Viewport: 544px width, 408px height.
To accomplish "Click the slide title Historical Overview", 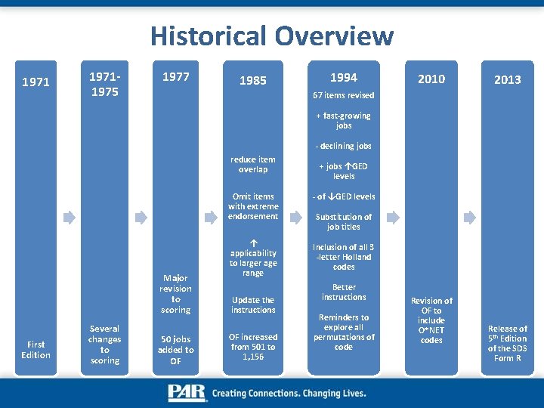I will tap(272, 36).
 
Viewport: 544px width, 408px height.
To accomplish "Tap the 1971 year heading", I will tap(36, 82).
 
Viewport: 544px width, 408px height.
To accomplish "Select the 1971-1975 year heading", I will tap(104, 84).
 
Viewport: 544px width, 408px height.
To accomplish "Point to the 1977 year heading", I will tap(175, 76).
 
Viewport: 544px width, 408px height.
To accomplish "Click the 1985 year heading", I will tap(252, 80).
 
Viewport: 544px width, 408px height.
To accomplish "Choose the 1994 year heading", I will tap(343, 77).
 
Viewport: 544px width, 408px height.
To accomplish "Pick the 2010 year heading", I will tap(431, 79).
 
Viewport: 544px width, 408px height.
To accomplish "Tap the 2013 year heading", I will tap(507, 79).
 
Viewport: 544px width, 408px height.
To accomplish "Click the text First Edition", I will tap(36, 350).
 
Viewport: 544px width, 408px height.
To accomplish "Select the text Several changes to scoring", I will tap(104, 345).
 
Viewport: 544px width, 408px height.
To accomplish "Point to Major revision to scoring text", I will tap(175, 294).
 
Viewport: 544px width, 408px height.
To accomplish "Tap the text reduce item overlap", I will tap(252, 164).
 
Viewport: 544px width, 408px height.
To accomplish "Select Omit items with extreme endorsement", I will tap(253, 206).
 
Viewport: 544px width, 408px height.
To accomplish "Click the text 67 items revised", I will tap(343, 96).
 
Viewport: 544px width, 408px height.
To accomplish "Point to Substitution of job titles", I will tap(343, 221).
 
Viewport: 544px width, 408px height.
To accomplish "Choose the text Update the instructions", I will tap(253, 304).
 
